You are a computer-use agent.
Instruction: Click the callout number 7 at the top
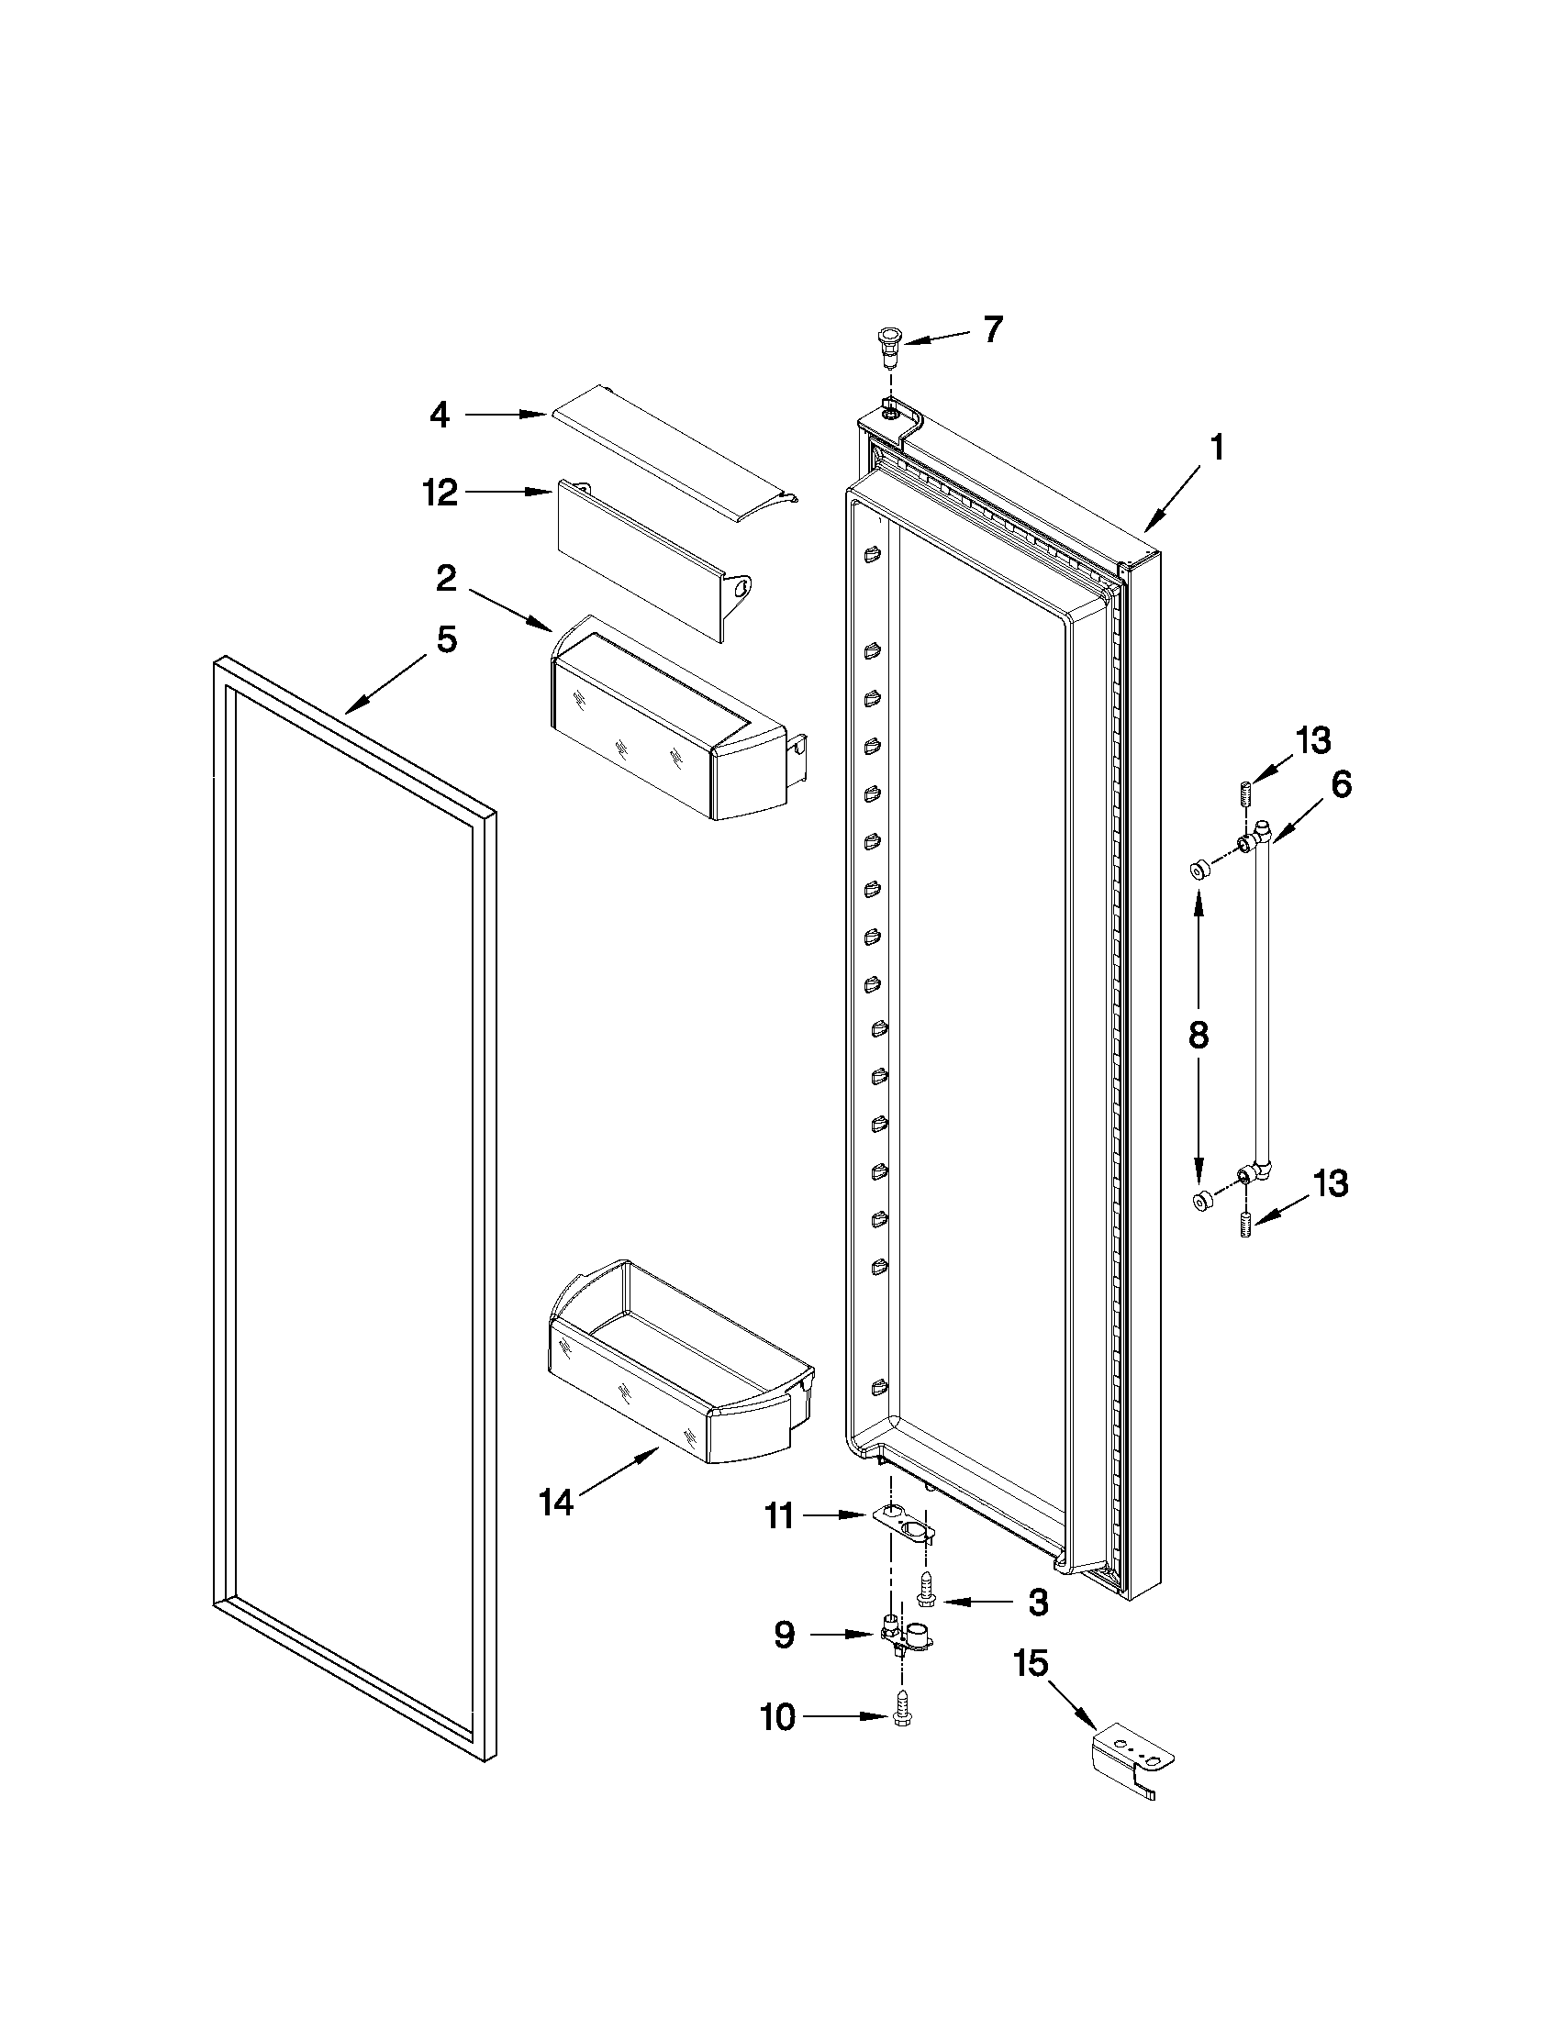(993, 330)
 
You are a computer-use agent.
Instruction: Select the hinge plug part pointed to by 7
(889, 343)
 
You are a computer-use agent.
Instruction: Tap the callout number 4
(440, 416)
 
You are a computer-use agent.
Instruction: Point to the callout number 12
(441, 493)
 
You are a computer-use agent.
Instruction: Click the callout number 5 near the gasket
(447, 638)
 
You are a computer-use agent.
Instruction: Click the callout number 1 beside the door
(1217, 449)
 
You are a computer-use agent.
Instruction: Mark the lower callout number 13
(1332, 1184)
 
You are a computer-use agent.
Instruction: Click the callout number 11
(778, 1516)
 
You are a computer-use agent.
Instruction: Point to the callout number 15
(1031, 1664)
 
